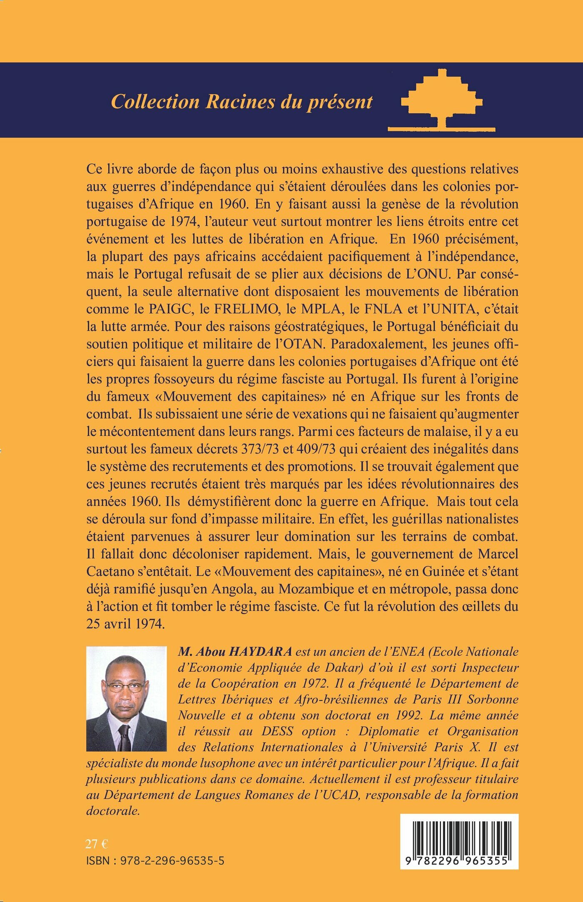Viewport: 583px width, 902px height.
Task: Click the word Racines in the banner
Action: (240, 102)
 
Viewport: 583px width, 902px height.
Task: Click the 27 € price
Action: (97, 844)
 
